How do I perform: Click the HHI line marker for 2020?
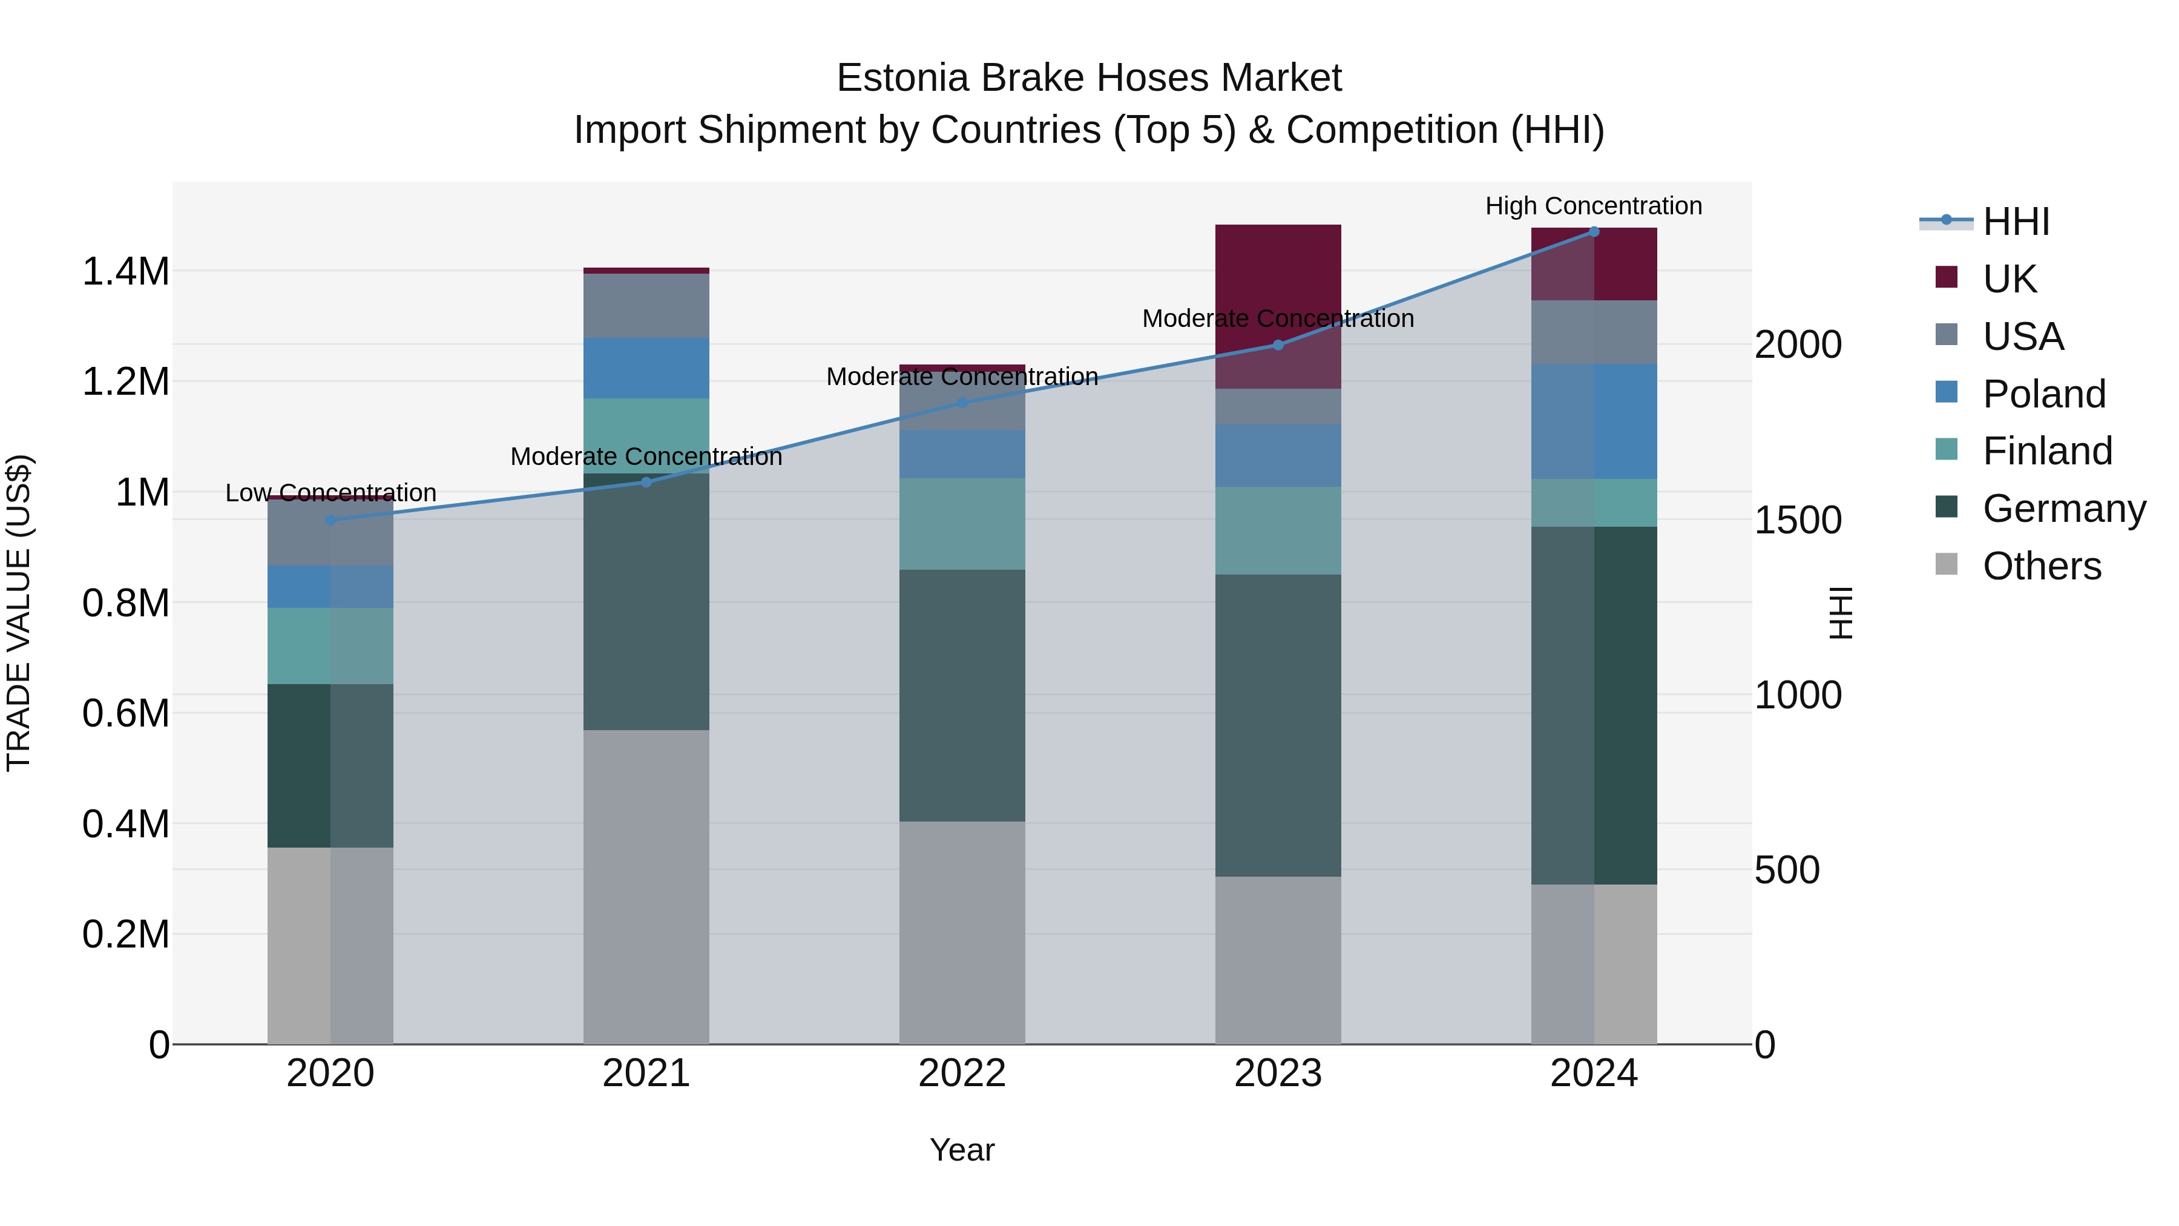pyautogui.click(x=330, y=520)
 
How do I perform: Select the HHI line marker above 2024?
pyautogui.click(x=1594, y=232)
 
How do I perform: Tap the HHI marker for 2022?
pyautogui.click(x=962, y=403)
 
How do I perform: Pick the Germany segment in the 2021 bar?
pyautogui.click(x=646, y=601)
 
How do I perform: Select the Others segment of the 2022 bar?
pyautogui.click(x=962, y=931)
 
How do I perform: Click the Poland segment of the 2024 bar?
pyautogui.click(x=1594, y=421)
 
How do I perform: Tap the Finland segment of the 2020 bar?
pyautogui.click(x=330, y=645)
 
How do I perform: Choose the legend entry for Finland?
pyautogui.click(x=2047, y=451)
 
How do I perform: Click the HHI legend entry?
pyautogui.click(x=2015, y=222)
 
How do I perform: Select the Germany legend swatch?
pyautogui.click(x=1947, y=508)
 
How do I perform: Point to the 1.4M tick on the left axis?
pyautogui.click(x=125, y=272)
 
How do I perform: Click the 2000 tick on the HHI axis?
pyautogui.click(x=1798, y=344)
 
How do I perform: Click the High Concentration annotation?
pyautogui.click(x=1594, y=206)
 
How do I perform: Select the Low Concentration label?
pyautogui.click(x=330, y=492)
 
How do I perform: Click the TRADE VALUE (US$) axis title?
pyautogui.click(x=19, y=613)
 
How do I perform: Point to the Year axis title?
pyautogui.click(x=962, y=1150)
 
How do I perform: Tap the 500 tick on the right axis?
pyautogui.click(x=1787, y=870)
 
